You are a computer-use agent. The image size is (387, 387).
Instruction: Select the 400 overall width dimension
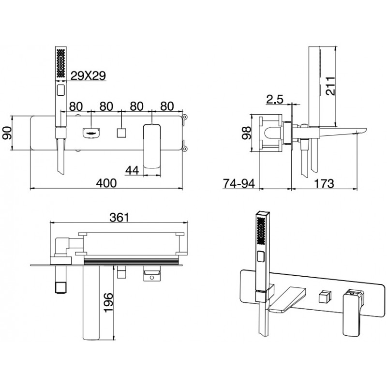pos(106,182)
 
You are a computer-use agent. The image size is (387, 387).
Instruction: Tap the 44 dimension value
pos(133,170)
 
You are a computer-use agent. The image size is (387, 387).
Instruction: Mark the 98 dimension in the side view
pos(246,133)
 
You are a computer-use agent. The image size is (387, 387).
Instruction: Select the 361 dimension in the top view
pos(119,218)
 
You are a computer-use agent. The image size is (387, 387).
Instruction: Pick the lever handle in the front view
pos(152,145)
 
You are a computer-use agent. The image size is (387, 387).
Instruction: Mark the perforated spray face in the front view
pos(61,62)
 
